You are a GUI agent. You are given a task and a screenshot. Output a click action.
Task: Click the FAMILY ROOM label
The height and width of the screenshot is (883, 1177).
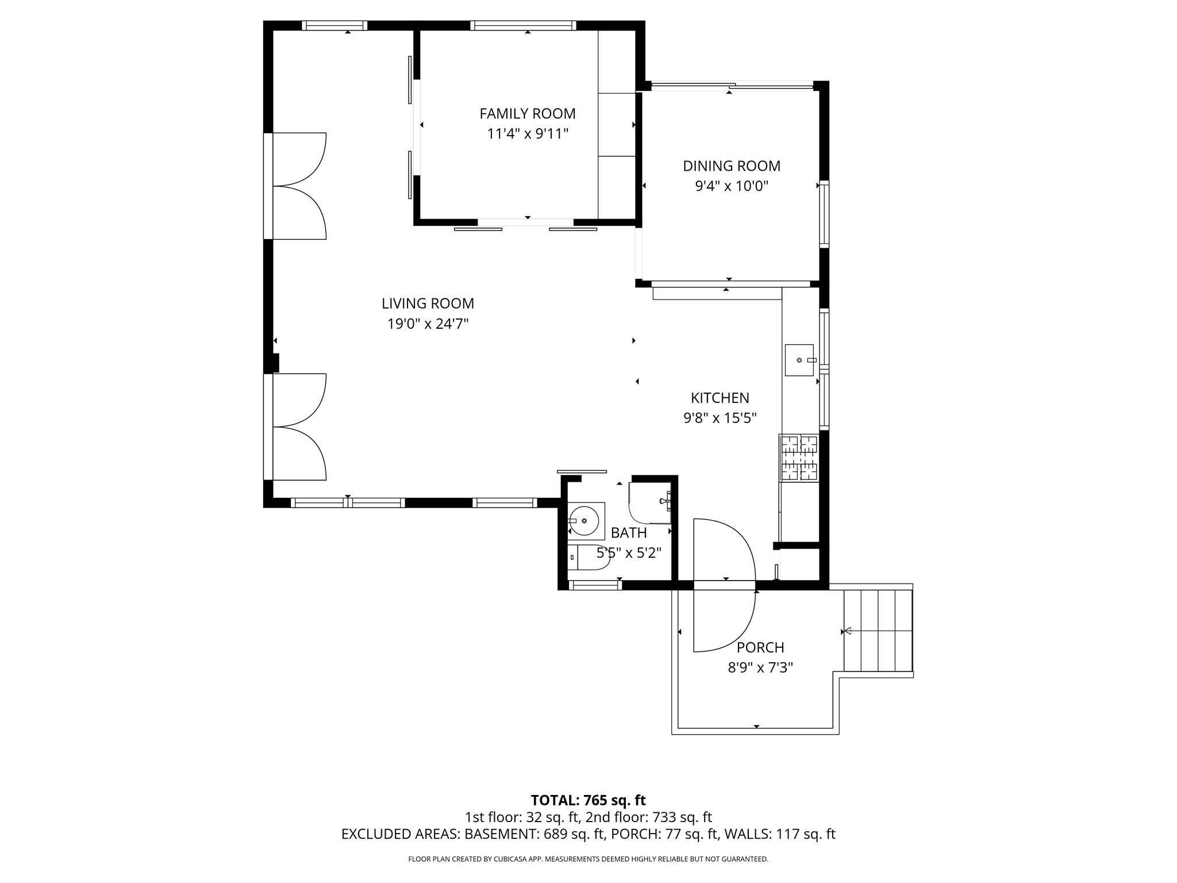click(x=527, y=114)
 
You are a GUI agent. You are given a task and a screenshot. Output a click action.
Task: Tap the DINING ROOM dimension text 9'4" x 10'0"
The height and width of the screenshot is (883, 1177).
click(x=731, y=186)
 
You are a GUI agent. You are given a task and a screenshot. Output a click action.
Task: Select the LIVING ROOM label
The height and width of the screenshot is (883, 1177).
click(x=428, y=304)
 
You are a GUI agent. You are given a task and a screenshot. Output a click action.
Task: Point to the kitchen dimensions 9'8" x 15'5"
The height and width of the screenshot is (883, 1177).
click(x=720, y=418)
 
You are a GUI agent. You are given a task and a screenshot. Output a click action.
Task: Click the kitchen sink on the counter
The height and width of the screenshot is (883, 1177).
click(x=799, y=360)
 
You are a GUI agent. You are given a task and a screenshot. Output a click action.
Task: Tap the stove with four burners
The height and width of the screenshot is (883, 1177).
click(x=799, y=458)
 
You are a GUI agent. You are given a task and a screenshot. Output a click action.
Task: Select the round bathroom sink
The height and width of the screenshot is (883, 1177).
click(x=584, y=520)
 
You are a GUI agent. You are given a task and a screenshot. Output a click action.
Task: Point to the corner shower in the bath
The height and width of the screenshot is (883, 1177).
click(x=651, y=502)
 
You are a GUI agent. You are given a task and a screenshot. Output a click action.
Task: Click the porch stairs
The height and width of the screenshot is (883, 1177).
click(x=878, y=631)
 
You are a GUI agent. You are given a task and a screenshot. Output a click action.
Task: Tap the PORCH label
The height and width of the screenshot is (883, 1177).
click(x=760, y=648)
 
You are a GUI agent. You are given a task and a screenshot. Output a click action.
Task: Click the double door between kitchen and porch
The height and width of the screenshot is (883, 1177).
click(x=724, y=585)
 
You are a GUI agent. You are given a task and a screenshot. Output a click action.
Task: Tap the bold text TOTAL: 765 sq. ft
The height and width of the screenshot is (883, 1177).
click(x=588, y=800)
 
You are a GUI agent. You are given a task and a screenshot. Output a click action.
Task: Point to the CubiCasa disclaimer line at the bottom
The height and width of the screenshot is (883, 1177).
click(x=588, y=859)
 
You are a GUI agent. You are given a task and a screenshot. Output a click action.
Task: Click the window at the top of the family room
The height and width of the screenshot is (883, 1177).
click(x=523, y=25)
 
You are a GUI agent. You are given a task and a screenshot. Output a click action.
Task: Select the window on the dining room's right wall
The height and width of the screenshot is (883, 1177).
click(x=824, y=214)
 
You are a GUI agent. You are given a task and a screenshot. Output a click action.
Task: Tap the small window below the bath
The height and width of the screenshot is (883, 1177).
click(x=594, y=585)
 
